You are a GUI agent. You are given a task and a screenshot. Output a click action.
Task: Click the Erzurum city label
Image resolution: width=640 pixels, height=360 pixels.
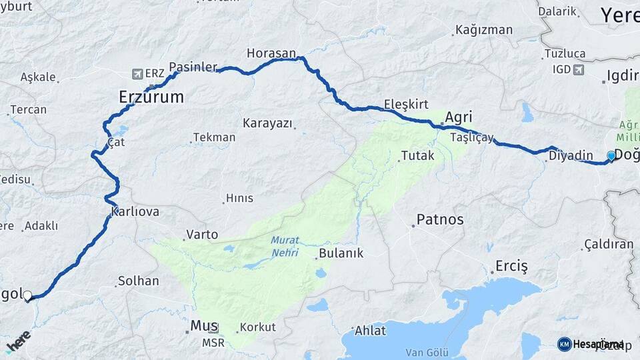coord(151,97)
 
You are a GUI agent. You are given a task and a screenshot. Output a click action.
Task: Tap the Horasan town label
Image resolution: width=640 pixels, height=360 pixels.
coord(271,53)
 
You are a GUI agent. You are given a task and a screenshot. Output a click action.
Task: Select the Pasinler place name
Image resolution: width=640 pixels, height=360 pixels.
coord(193,67)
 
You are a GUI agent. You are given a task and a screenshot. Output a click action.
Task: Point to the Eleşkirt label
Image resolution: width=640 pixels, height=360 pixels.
coord(405,104)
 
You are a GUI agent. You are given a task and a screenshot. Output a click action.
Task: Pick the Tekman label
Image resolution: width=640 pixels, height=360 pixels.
coord(214,137)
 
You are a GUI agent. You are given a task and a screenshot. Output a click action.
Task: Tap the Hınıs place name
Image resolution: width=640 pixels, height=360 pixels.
coord(239,198)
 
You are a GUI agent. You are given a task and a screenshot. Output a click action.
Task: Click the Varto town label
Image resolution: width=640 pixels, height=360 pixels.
coord(202,234)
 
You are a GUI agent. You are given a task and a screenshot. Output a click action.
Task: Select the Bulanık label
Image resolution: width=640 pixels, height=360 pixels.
coord(341,253)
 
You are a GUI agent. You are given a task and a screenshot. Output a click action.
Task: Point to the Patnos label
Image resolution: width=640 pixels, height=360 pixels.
coord(439,219)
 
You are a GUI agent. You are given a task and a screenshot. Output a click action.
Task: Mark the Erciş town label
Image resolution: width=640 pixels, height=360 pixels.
coord(511,267)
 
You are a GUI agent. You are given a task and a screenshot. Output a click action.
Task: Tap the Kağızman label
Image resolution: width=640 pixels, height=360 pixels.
coord(484,30)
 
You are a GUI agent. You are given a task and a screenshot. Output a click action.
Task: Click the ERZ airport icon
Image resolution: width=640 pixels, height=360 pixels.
coord(138,73)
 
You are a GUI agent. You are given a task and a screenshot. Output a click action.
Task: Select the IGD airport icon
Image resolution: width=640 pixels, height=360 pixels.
coord(577,69)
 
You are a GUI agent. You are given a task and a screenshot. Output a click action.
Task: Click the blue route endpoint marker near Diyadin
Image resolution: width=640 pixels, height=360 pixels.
coord(611,156)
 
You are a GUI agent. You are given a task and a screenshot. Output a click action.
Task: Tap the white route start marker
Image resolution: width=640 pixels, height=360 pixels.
coord(27,295)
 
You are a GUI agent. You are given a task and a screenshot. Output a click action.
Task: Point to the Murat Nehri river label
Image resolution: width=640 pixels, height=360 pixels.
coord(285,246)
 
